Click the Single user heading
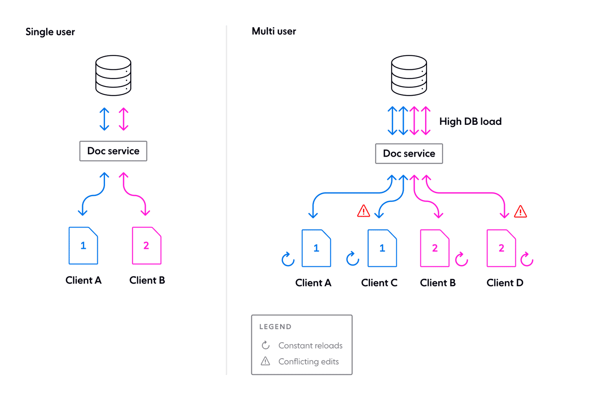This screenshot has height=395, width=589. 50,32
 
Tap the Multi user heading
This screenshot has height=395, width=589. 274,31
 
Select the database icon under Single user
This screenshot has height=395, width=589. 114,76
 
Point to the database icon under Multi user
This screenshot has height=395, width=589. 409,76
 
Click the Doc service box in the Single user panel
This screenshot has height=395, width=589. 113,151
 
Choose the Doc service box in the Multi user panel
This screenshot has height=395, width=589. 409,154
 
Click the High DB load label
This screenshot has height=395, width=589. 470,121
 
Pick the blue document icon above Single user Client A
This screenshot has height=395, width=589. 83,245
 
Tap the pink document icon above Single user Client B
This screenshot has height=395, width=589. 146,245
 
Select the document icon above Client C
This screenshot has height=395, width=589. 382,248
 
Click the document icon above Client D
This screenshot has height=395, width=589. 501,248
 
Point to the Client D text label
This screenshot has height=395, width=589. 505,283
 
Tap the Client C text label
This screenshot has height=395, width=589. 379,283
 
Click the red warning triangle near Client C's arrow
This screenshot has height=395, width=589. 363,211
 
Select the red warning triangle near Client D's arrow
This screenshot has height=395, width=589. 520,212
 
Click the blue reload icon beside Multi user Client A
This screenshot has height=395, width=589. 288,259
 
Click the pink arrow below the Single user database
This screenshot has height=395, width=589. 123,119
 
